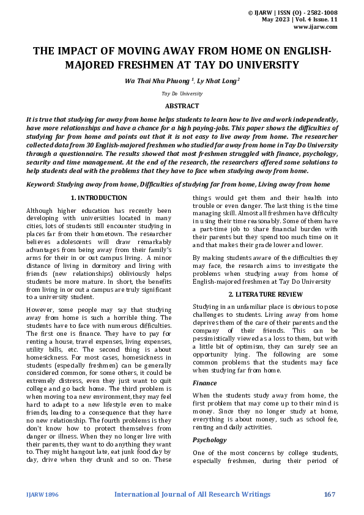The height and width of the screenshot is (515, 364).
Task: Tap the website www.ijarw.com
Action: [x=316, y=27]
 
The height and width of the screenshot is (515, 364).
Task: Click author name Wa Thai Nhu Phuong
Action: [x=157, y=80]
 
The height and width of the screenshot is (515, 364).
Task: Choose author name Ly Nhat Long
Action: [x=217, y=80]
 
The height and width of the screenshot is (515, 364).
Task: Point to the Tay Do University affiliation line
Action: [x=182, y=94]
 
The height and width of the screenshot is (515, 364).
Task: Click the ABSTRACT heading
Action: [x=182, y=106]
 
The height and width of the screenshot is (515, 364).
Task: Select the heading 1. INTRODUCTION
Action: [x=99, y=198]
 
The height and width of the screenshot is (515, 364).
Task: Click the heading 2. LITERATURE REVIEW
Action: [x=266, y=294]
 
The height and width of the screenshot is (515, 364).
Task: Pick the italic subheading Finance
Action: [x=204, y=383]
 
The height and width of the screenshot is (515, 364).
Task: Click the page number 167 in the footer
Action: [x=330, y=494]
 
